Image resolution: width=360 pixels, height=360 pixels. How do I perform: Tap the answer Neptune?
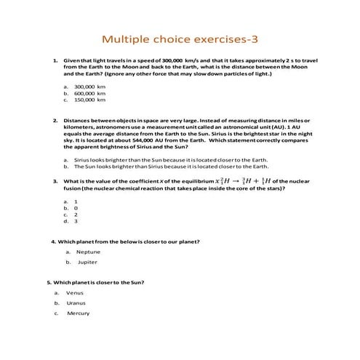point(88,252)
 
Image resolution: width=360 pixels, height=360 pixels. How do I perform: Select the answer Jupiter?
point(87,262)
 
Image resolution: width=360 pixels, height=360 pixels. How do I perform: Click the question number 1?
point(55,60)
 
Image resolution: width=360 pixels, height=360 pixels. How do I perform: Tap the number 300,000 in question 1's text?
point(161,60)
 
